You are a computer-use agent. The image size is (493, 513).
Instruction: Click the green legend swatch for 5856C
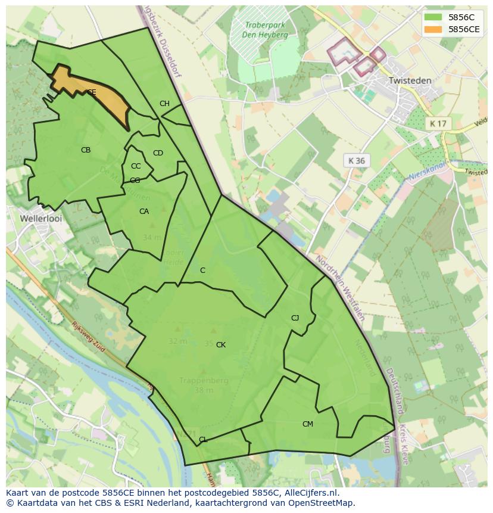pyautogui.click(x=433, y=17)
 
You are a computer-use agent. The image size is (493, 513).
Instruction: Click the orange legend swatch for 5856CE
pyautogui.click(x=433, y=29)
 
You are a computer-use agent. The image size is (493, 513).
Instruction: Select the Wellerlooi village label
pyautogui.click(x=41, y=219)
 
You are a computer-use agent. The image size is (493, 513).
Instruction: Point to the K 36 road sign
pyautogui.click(x=357, y=161)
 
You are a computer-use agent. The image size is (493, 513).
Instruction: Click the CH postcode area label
pyautogui.click(x=164, y=104)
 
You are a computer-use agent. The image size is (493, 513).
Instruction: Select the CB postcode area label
pyautogui.click(x=86, y=150)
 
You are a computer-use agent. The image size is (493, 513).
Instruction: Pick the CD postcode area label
pyautogui.click(x=158, y=153)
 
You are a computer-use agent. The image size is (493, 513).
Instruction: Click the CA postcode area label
pyautogui.click(x=144, y=212)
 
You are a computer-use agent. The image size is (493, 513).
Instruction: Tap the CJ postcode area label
pyautogui.click(x=295, y=318)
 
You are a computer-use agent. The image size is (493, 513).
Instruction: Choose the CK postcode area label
pyautogui.click(x=221, y=345)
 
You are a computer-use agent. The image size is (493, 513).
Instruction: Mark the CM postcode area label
pyautogui.click(x=307, y=424)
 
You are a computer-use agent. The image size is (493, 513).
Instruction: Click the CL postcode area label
pyautogui.click(x=203, y=440)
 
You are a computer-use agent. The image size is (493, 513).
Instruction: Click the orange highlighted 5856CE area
pyautogui.click(x=95, y=94)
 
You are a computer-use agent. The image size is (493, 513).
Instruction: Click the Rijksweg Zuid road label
pyautogui.click(x=88, y=337)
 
